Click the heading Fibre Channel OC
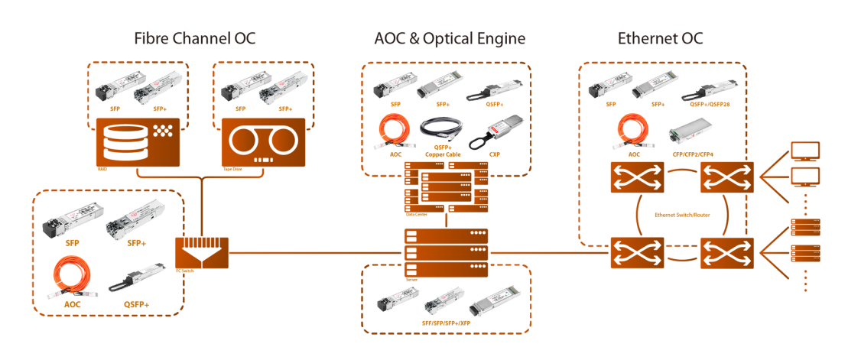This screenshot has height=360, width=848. (194, 38)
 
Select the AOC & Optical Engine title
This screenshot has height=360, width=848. (449, 38)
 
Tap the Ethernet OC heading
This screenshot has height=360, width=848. (660, 38)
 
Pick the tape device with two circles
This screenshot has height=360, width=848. (263, 143)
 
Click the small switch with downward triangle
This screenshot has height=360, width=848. (201, 253)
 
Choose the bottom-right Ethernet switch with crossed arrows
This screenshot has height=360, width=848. (727, 253)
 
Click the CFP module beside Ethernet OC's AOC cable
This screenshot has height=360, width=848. (690, 135)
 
